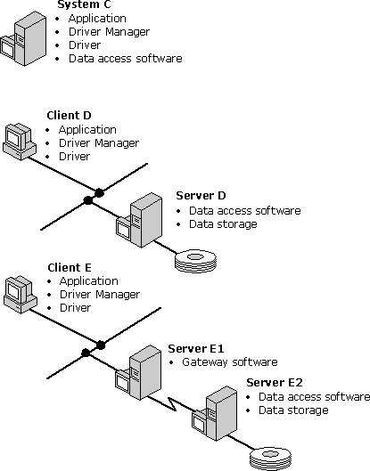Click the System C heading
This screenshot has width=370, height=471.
tap(82, 4)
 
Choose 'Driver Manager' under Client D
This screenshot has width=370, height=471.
tap(99, 142)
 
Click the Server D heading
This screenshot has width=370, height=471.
tap(201, 196)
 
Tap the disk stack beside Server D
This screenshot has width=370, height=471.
tap(195, 260)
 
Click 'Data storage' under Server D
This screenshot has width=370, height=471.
tap(223, 224)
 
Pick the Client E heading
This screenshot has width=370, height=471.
tap(70, 267)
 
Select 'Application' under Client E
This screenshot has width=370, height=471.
tap(87, 281)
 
